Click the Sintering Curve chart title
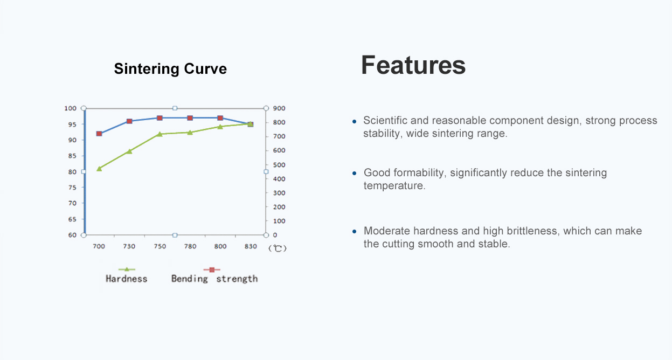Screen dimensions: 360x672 click(x=170, y=69)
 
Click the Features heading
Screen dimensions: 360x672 click(x=413, y=65)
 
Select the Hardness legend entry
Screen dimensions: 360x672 click(x=127, y=278)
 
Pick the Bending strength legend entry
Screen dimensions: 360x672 click(x=214, y=278)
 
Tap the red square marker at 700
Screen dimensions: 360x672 click(x=99, y=134)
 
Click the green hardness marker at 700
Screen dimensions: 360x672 click(x=99, y=169)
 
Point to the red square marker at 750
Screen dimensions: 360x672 click(x=160, y=118)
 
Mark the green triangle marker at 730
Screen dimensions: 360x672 click(x=129, y=151)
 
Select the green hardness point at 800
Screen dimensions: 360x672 click(x=220, y=127)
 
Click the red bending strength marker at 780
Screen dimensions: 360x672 click(x=190, y=118)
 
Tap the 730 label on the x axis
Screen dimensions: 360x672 click(x=129, y=246)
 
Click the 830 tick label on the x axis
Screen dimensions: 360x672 click(x=250, y=246)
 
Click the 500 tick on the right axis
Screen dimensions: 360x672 click(x=278, y=165)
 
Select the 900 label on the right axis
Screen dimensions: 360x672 click(x=278, y=108)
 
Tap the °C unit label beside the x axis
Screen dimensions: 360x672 click(x=278, y=248)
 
